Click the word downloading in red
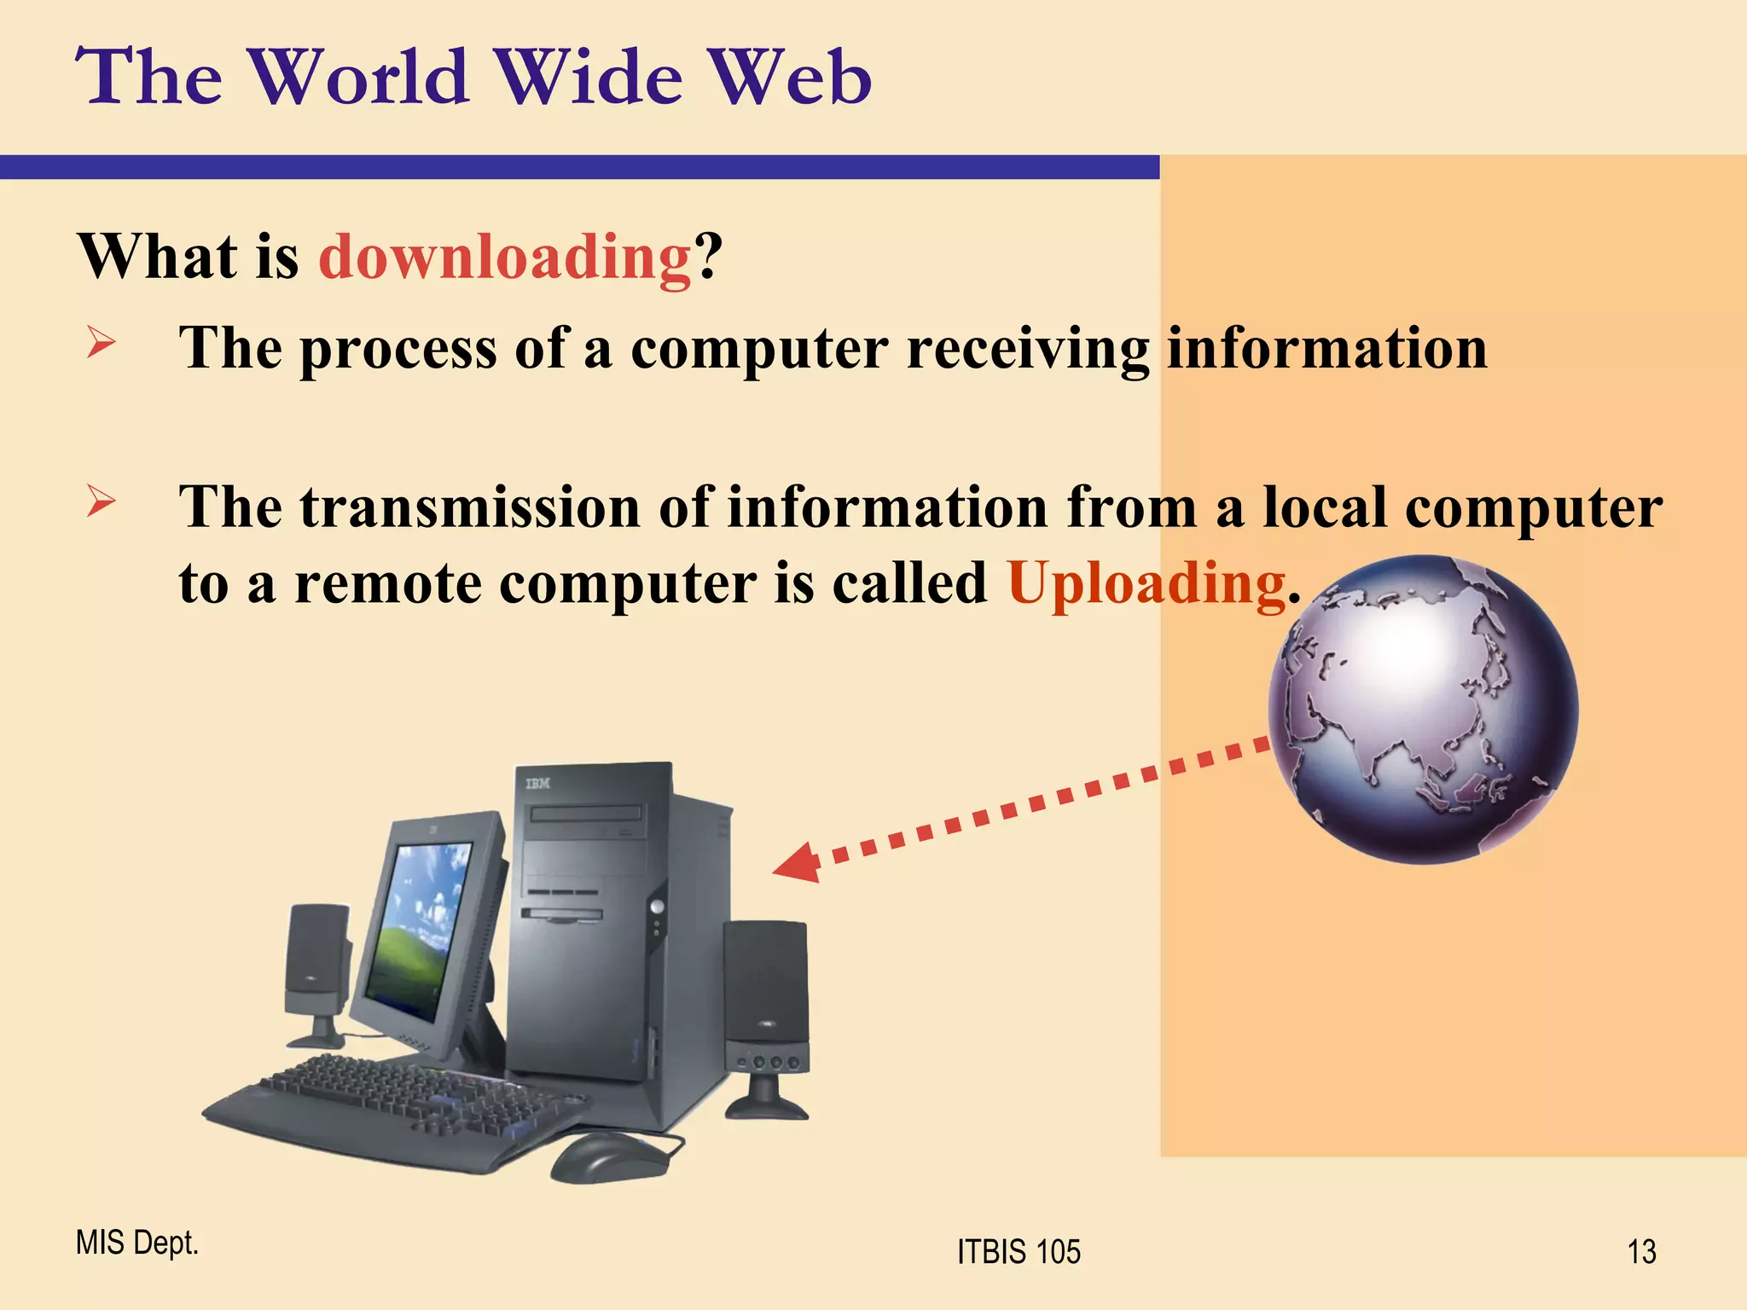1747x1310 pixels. click(x=504, y=257)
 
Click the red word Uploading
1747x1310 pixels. click(x=1146, y=584)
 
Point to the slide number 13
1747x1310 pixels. click(x=1641, y=1252)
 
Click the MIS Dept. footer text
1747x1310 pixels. click(x=136, y=1243)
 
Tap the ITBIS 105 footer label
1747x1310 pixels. click(x=1019, y=1252)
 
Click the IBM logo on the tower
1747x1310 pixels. click(x=537, y=783)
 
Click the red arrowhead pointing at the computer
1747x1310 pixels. click(x=798, y=863)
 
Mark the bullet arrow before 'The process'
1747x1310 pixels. click(x=101, y=344)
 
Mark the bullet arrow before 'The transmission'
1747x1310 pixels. click(x=101, y=502)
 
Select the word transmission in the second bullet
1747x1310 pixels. click(x=469, y=508)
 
